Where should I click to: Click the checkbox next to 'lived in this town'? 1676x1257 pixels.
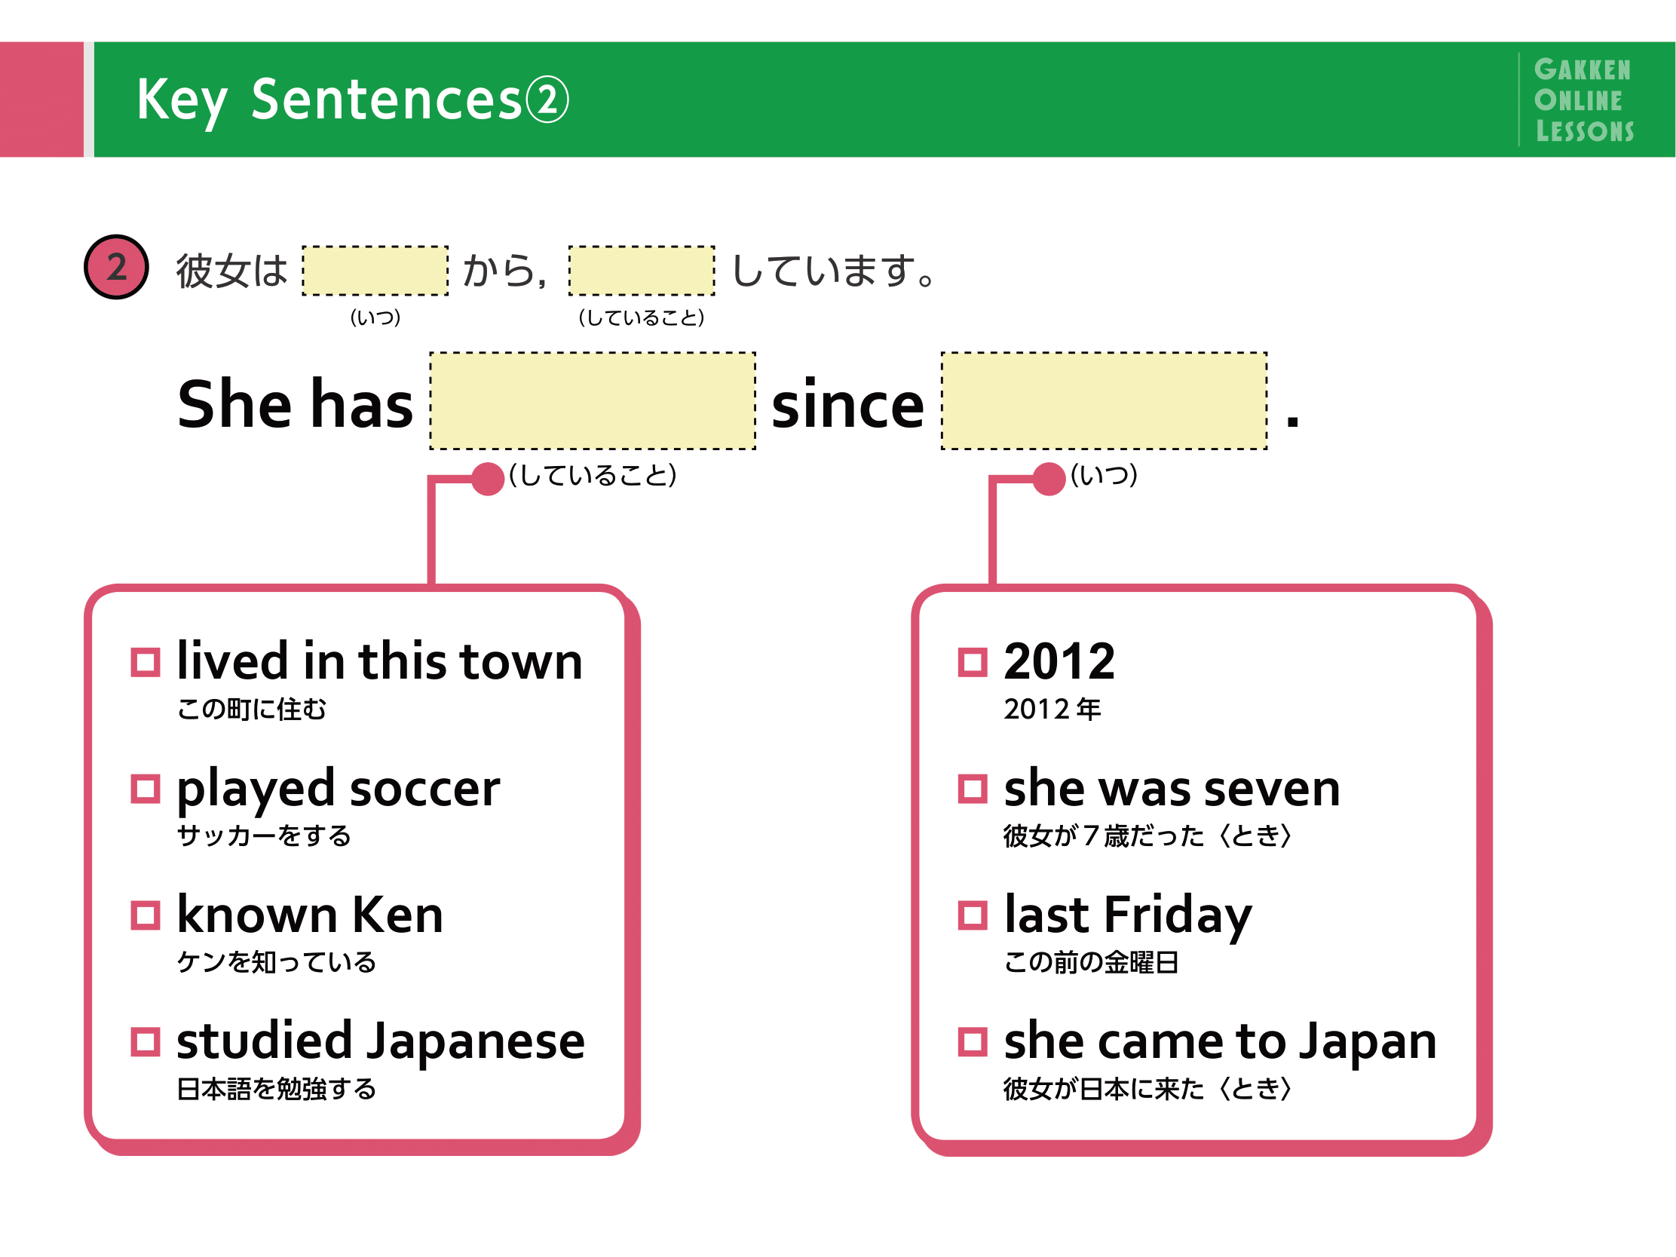[x=145, y=662]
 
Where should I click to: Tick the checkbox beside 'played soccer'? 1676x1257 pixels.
[x=145, y=789]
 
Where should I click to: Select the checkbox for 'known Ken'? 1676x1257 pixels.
[x=145, y=915]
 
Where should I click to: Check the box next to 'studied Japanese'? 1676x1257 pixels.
[x=145, y=1042]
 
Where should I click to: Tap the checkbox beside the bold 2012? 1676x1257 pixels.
[x=973, y=662]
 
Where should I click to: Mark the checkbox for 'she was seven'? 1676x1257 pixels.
[x=973, y=789]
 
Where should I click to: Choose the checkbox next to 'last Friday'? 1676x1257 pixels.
[x=973, y=915]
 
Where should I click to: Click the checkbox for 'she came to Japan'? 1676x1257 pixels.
[x=973, y=1042]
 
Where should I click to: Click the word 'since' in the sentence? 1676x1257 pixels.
[x=848, y=404]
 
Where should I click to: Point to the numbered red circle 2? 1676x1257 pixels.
[x=116, y=267]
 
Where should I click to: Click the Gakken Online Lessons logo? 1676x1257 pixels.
[x=1583, y=100]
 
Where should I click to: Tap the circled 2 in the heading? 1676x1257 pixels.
[x=547, y=100]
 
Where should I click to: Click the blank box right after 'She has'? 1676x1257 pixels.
[x=593, y=401]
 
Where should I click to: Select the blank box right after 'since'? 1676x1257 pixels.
[x=1104, y=401]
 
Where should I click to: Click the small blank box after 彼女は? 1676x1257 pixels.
[x=375, y=271]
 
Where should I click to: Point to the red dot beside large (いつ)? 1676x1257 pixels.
[x=1049, y=479]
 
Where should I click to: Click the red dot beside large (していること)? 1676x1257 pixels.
[x=488, y=479]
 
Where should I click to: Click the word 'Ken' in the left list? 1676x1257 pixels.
[x=398, y=915]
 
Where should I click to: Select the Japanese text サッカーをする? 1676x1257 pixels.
[x=264, y=835]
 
